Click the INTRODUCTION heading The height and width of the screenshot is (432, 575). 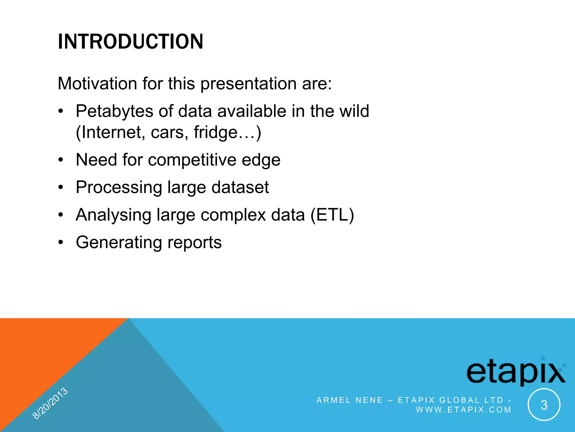click(130, 42)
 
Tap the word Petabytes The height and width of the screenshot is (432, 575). click(114, 111)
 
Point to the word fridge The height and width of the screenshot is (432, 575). click(216, 132)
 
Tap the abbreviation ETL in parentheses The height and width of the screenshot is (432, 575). click(332, 215)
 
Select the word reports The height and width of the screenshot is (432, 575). click(194, 242)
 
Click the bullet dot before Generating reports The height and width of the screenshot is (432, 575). click(61, 242)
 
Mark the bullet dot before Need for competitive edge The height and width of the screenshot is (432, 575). click(61, 160)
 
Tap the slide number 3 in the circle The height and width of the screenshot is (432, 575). click(544, 405)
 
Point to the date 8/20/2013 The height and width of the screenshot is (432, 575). click(50, 403)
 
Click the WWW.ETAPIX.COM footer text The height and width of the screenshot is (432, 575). click(463, 410)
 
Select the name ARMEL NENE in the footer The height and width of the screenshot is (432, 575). click(350, 400)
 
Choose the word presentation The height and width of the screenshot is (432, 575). click(248, 84)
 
